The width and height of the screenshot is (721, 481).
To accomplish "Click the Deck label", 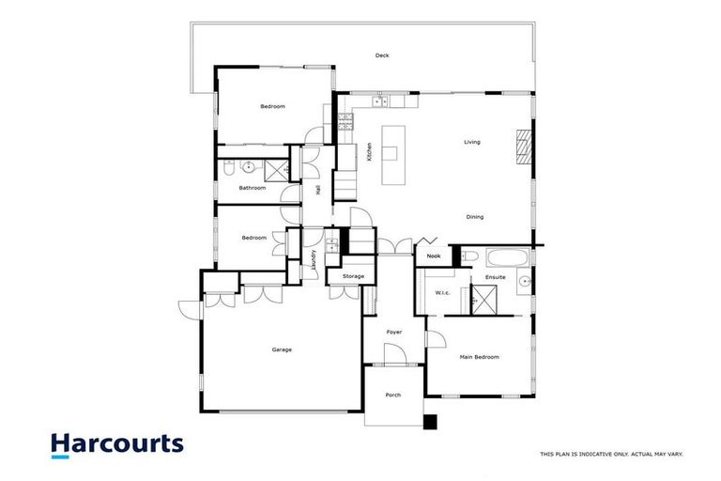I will click(x=382, y=55).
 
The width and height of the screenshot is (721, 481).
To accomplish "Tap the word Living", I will click(x=472, y=142).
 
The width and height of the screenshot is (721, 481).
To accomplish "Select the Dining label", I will click(x=475, y=217).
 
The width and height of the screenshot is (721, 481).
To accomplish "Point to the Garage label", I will click(x=282, y=349).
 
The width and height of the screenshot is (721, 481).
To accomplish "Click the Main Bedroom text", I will click(x=479, y=357).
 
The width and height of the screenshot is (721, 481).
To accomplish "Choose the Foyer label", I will click(x=395, y=331).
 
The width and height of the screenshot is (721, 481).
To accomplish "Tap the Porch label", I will click(x=393, y=395).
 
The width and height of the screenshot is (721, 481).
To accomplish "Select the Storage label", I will click(x=353, y=276).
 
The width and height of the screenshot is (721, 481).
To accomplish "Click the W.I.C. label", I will click(x=443, y=292).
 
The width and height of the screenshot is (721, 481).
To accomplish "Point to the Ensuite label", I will click(x=496, y=277).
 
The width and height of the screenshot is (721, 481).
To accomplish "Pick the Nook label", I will click(x=433, y=256).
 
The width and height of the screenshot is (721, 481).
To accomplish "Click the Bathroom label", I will click(x=252, y=188).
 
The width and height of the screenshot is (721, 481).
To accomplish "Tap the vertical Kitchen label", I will click(x=371, y=151).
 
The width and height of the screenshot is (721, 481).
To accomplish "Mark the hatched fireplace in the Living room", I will click(x=522, y=147).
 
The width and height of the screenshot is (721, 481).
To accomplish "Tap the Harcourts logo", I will click(x=116, y=444).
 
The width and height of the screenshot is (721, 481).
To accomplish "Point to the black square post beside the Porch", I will click(x=430, y=422).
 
